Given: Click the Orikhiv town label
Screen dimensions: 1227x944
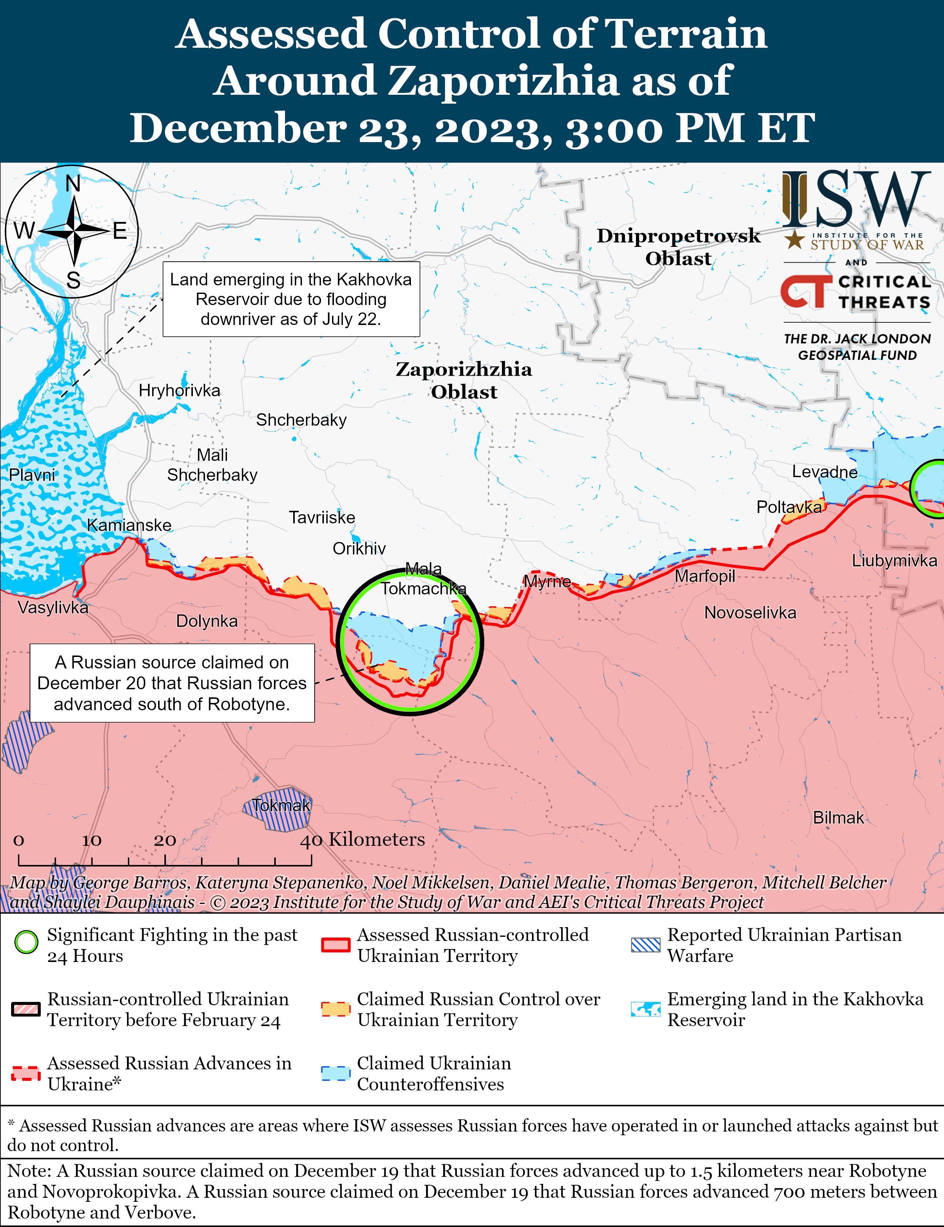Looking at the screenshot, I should (x=359, y=548).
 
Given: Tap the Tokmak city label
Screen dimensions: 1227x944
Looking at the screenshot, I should (x=280, y=805).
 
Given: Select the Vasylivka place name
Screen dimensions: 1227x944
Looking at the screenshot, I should (x=53, y=607).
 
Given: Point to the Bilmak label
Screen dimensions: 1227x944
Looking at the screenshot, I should (x=838, y=817).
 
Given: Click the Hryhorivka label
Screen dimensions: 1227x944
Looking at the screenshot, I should (x=179, y=390).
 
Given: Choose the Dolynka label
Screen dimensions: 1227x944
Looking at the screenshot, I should (x=207, y=621).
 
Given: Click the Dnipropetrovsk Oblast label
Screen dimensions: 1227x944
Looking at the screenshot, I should (x=678, y=247).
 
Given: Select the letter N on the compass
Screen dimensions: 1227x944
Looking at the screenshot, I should (x=73, y=184).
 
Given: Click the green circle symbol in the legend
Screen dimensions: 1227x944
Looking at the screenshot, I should (x=26, y=942).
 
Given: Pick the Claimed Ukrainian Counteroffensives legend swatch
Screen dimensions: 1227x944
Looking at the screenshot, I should (x=335, y=1073).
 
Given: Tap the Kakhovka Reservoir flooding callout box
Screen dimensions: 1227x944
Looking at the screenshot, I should (x=291, y=299).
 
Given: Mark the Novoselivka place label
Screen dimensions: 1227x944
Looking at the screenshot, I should (x=750, y=612).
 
